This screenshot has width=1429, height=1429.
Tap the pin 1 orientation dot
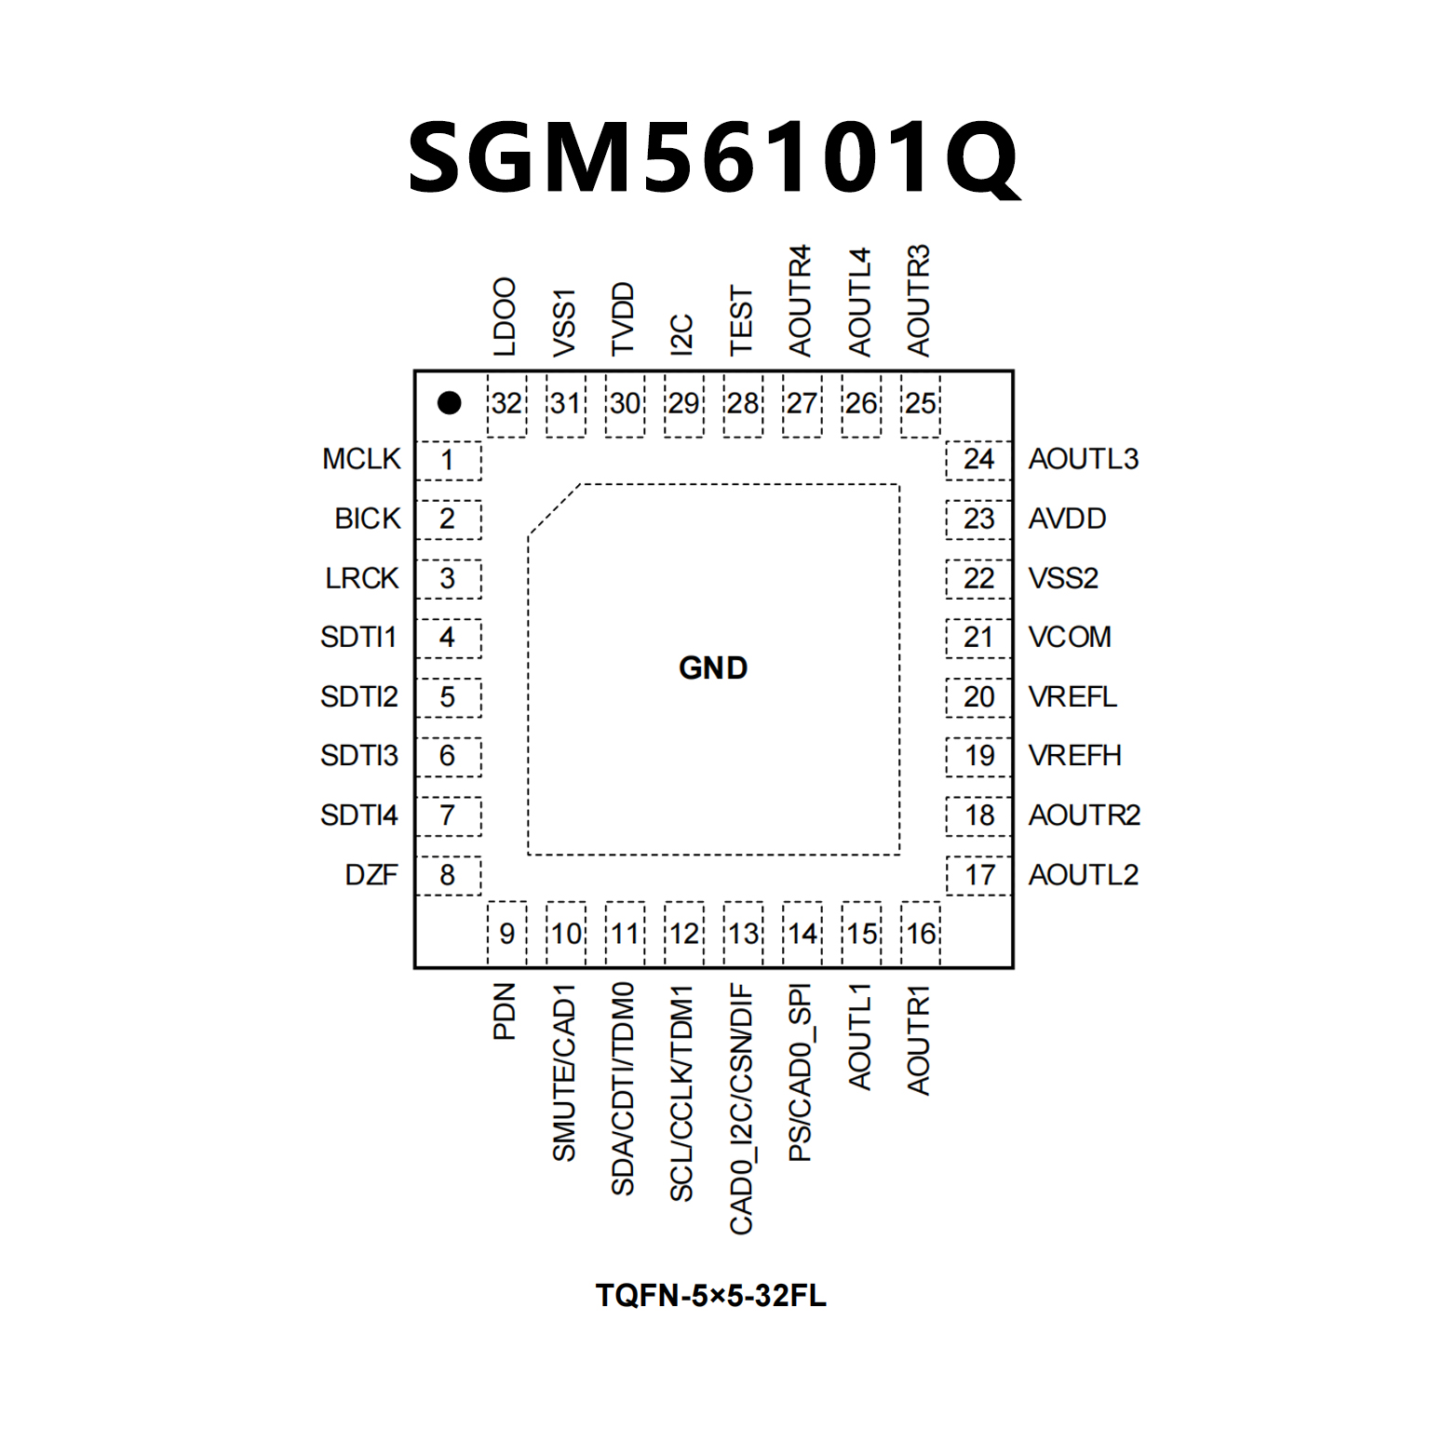click(x=450, y=402)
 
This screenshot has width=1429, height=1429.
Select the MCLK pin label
click(x=361, y=459)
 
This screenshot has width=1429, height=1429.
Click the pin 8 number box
click(x=448, y=875)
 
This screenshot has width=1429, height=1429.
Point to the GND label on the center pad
click(x=713, y=667)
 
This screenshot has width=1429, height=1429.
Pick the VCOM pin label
click(x=1070, y=637)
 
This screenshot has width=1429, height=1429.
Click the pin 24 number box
click(x=978, y=460)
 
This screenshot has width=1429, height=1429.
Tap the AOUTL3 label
click(x=1084, y=459)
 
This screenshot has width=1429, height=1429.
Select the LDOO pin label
click(x=505, y=317)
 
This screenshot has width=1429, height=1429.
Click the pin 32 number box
click(x=506, y=404)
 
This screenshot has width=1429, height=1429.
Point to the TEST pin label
click(x=741, y=321)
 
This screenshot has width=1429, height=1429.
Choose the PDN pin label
click(x=505, y=1011)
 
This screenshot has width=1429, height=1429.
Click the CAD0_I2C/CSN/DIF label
click(x=741, y=1109)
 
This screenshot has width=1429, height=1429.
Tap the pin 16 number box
click(x=921, y=934)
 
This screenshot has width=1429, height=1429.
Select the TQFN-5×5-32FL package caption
click(x=711, y=1295)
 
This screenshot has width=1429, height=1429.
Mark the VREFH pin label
click(x=1074, y=755)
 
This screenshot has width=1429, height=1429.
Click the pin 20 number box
click(x=978, y=697)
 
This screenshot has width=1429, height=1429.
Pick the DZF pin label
click(x=371, y=875)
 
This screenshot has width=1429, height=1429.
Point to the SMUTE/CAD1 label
click(x=564, y=1072)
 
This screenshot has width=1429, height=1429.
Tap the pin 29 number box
click(x=684, y=404)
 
